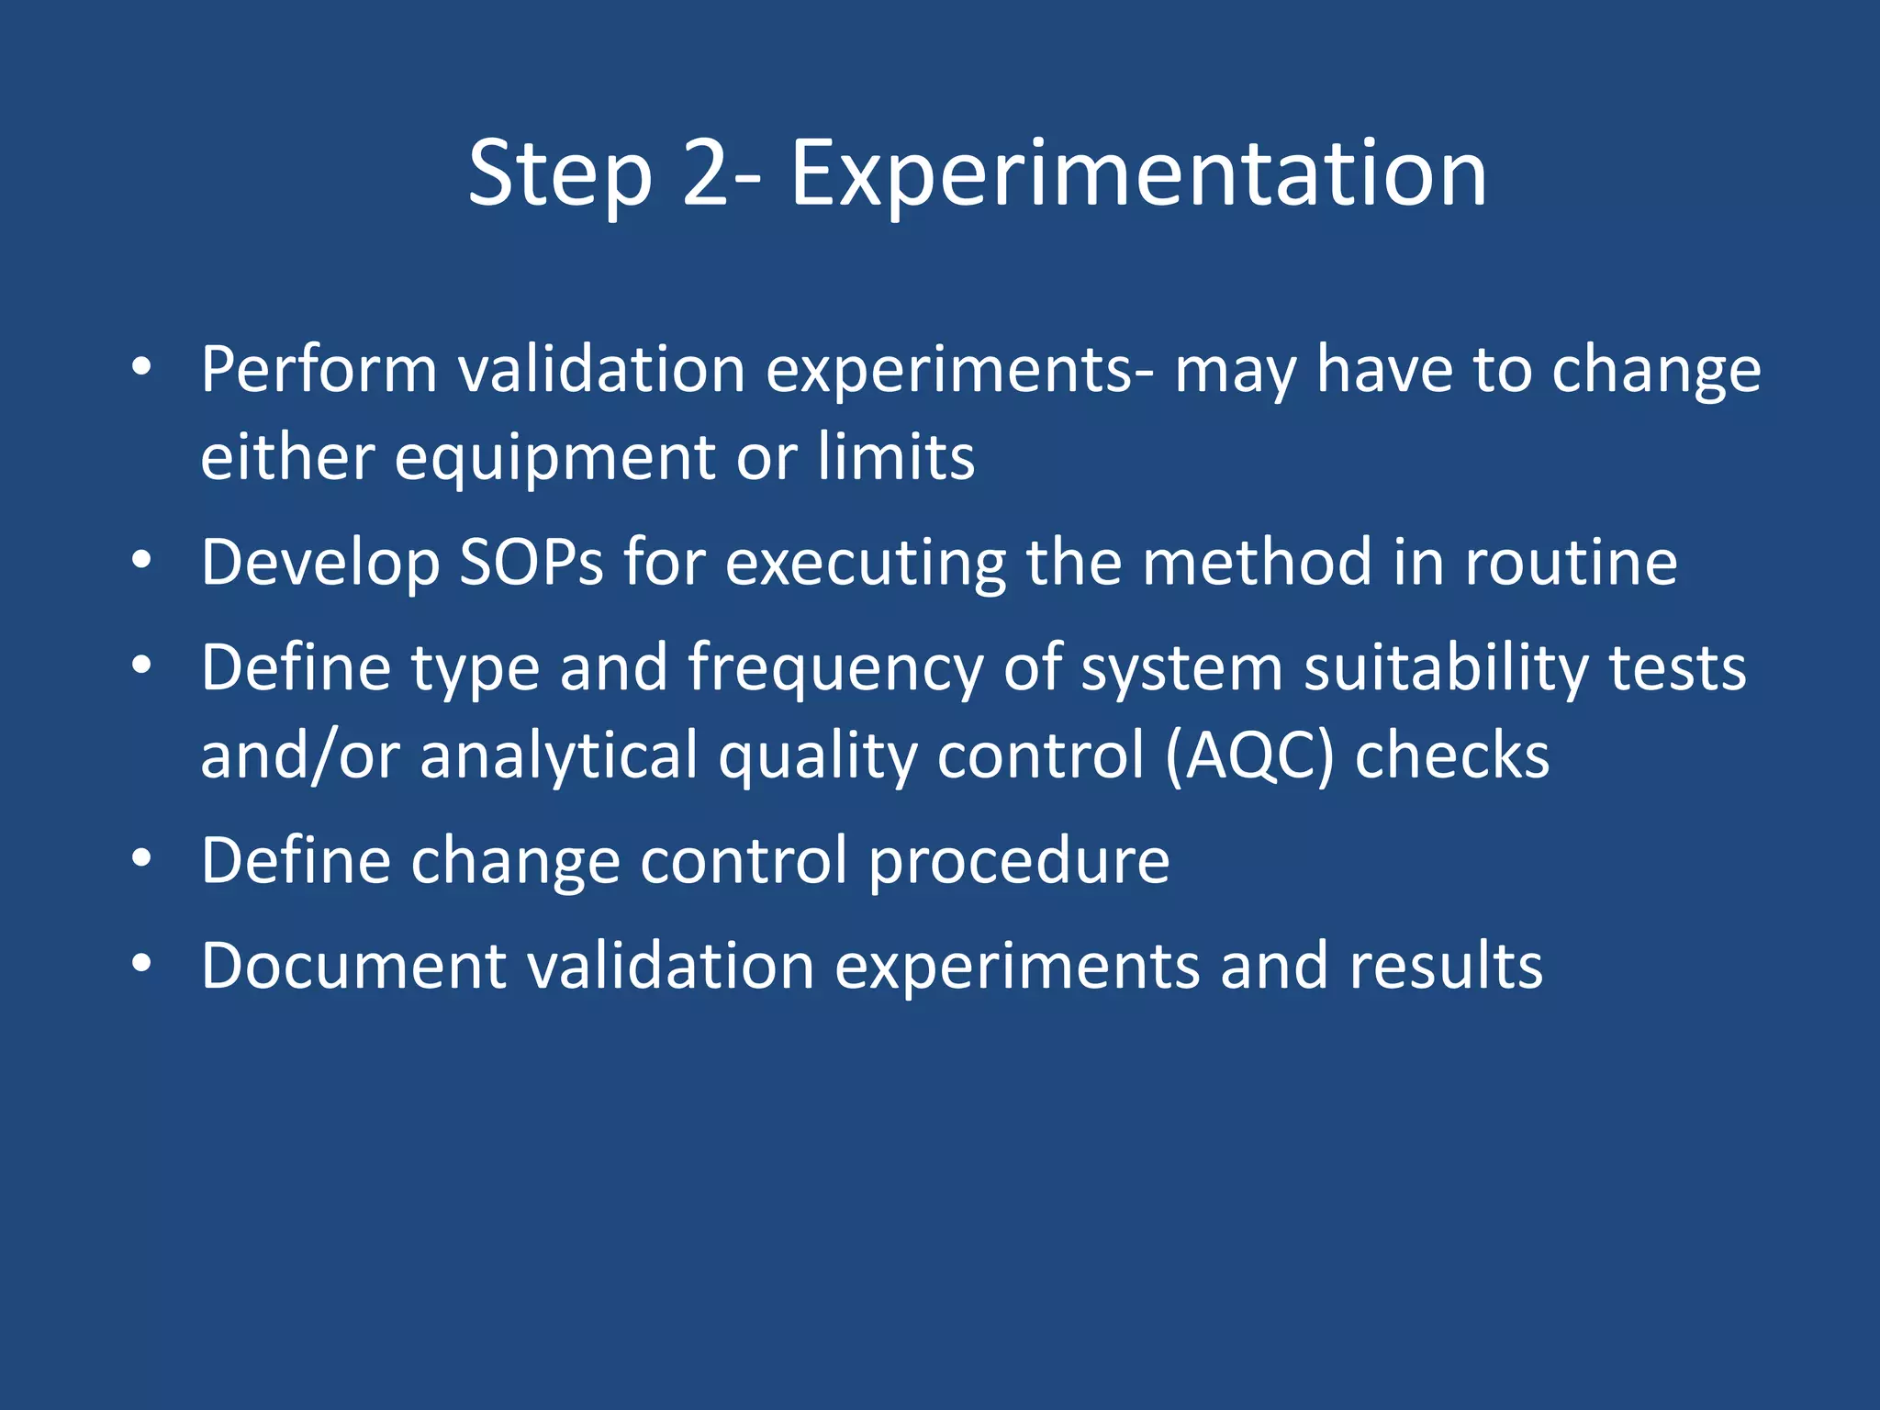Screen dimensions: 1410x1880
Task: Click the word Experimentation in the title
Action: pos(1137,174)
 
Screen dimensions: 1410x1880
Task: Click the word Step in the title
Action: pos(559,174)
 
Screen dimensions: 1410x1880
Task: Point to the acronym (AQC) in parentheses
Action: pos(1248,755)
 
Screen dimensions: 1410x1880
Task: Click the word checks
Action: pos(1452,755)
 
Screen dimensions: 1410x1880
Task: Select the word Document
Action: pos(353,966)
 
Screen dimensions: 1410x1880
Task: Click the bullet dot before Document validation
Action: pos(140,963)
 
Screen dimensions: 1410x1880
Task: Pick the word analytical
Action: pos(559,755)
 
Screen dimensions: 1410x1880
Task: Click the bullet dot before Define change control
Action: pos(140,858)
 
